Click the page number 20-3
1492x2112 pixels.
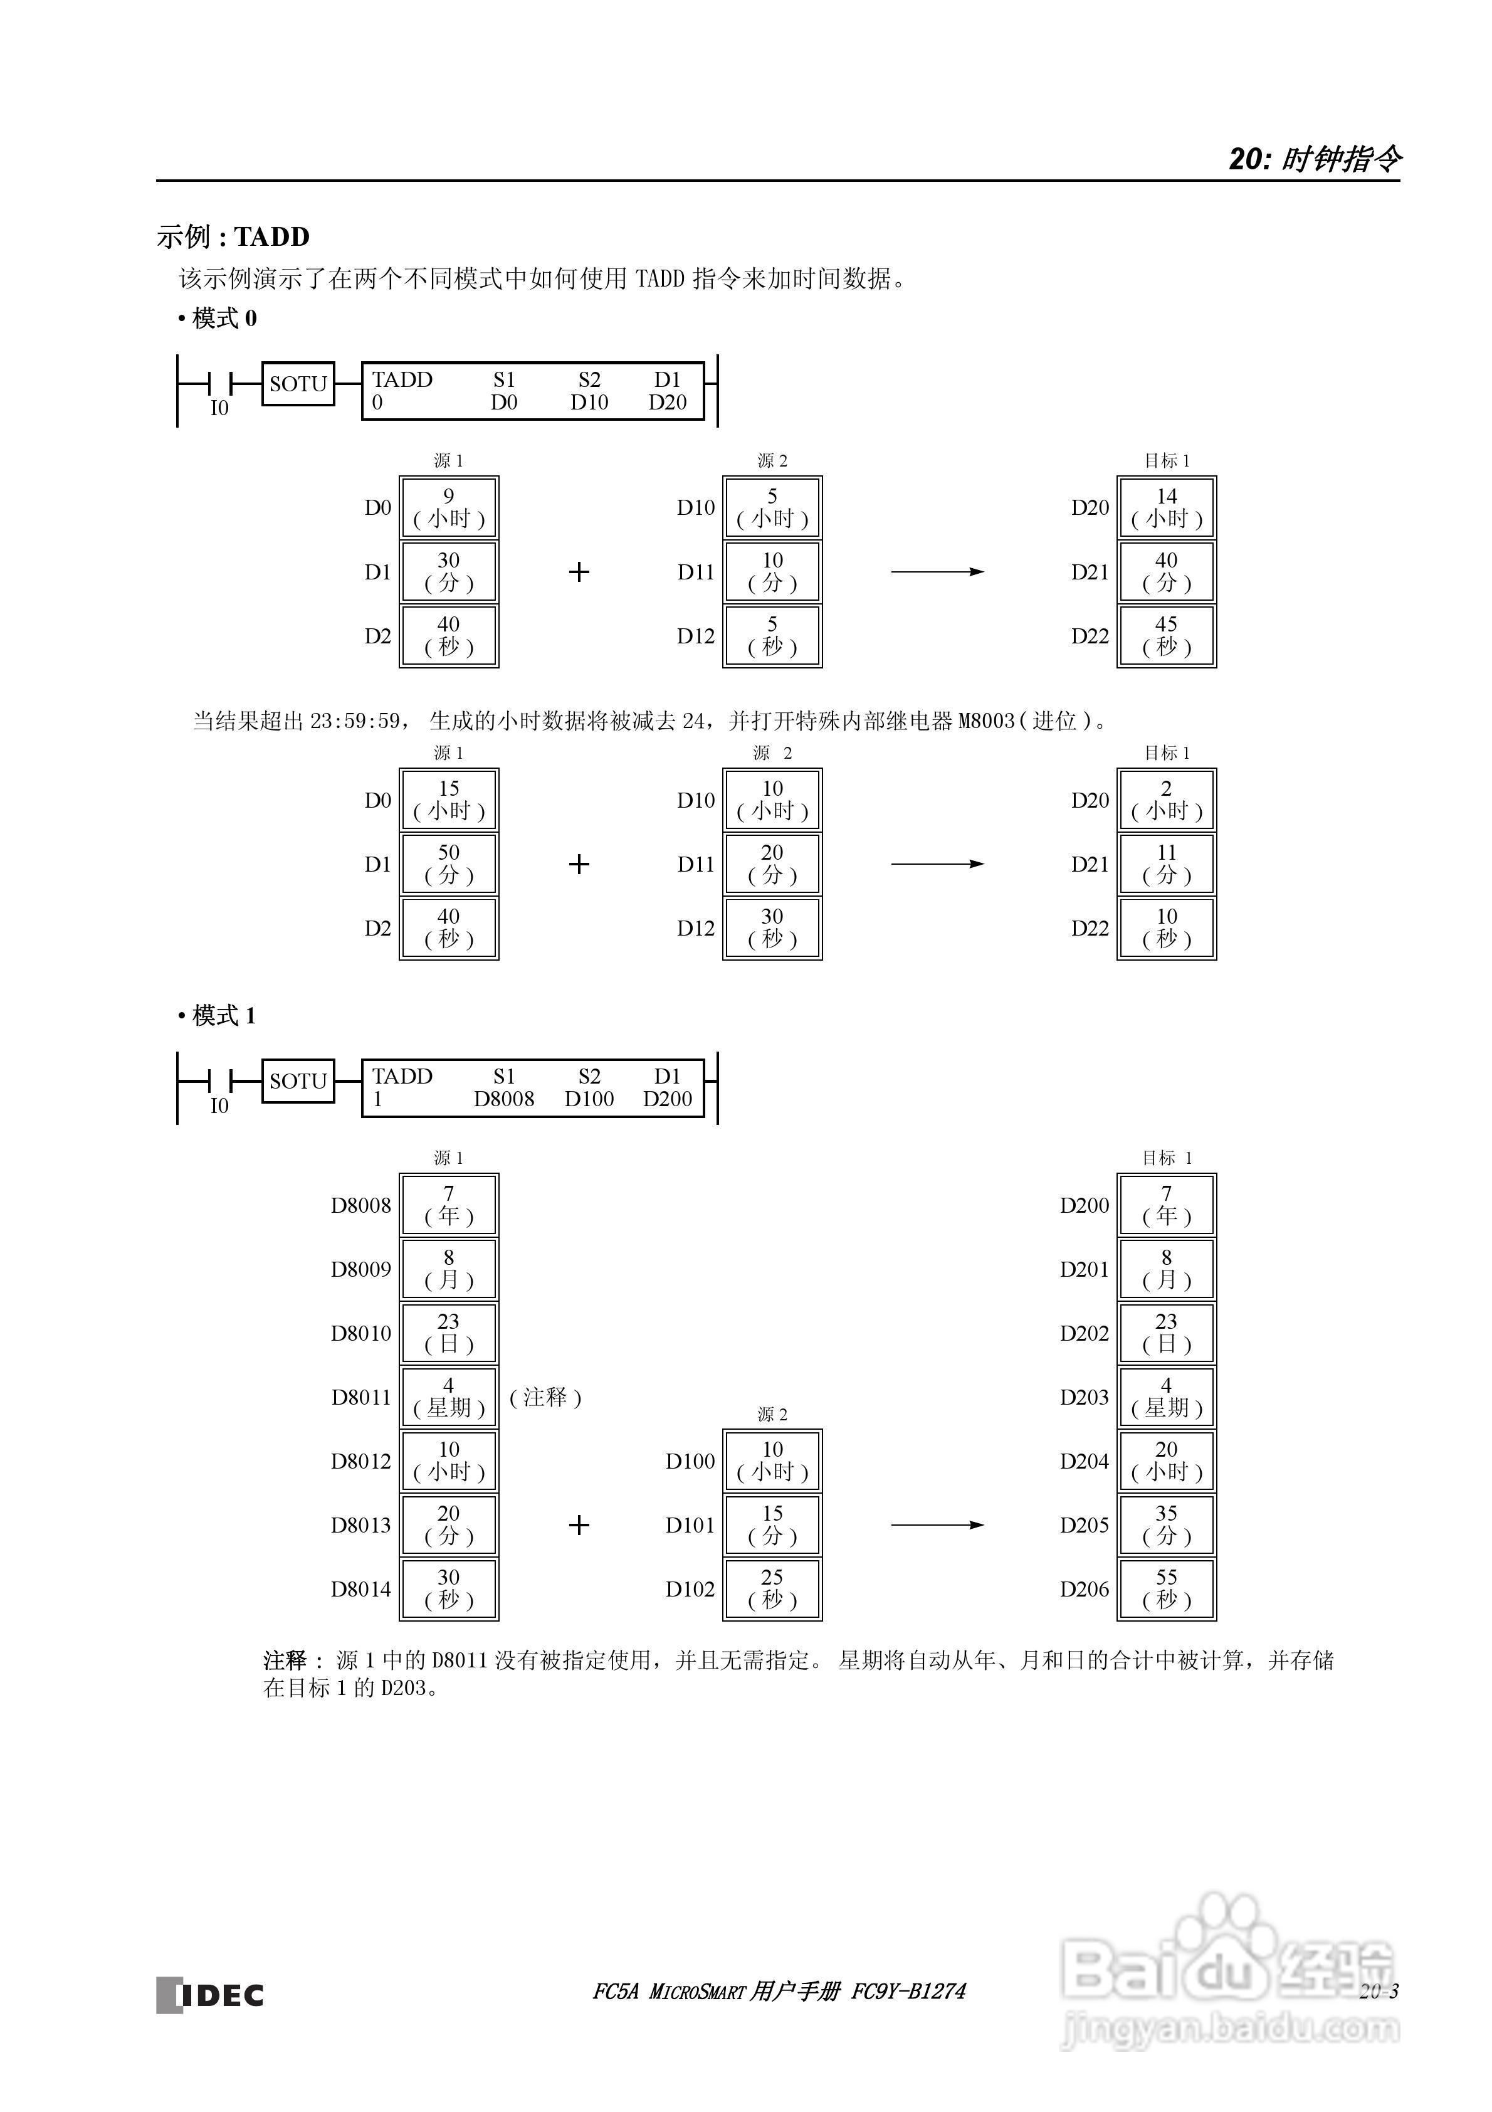pos(1378,1992)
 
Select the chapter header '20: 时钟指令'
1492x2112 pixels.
pos(1315,159)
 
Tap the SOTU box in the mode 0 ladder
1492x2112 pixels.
pos(298,384)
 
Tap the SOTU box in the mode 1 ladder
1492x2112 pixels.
pos(298,1081)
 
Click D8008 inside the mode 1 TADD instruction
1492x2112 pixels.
pos(503,1099)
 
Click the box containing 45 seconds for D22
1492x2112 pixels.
pos(1167,636)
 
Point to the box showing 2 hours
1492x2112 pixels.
pos(1167,800)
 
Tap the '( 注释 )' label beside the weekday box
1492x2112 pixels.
pos(545,1397)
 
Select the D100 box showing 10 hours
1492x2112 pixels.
pos(773,1460)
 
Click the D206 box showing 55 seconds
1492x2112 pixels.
pos(1167,1588)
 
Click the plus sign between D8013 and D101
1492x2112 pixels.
pos(579,1525)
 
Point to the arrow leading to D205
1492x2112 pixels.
pos(937,1525)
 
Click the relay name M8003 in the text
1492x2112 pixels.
pos(986,721)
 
